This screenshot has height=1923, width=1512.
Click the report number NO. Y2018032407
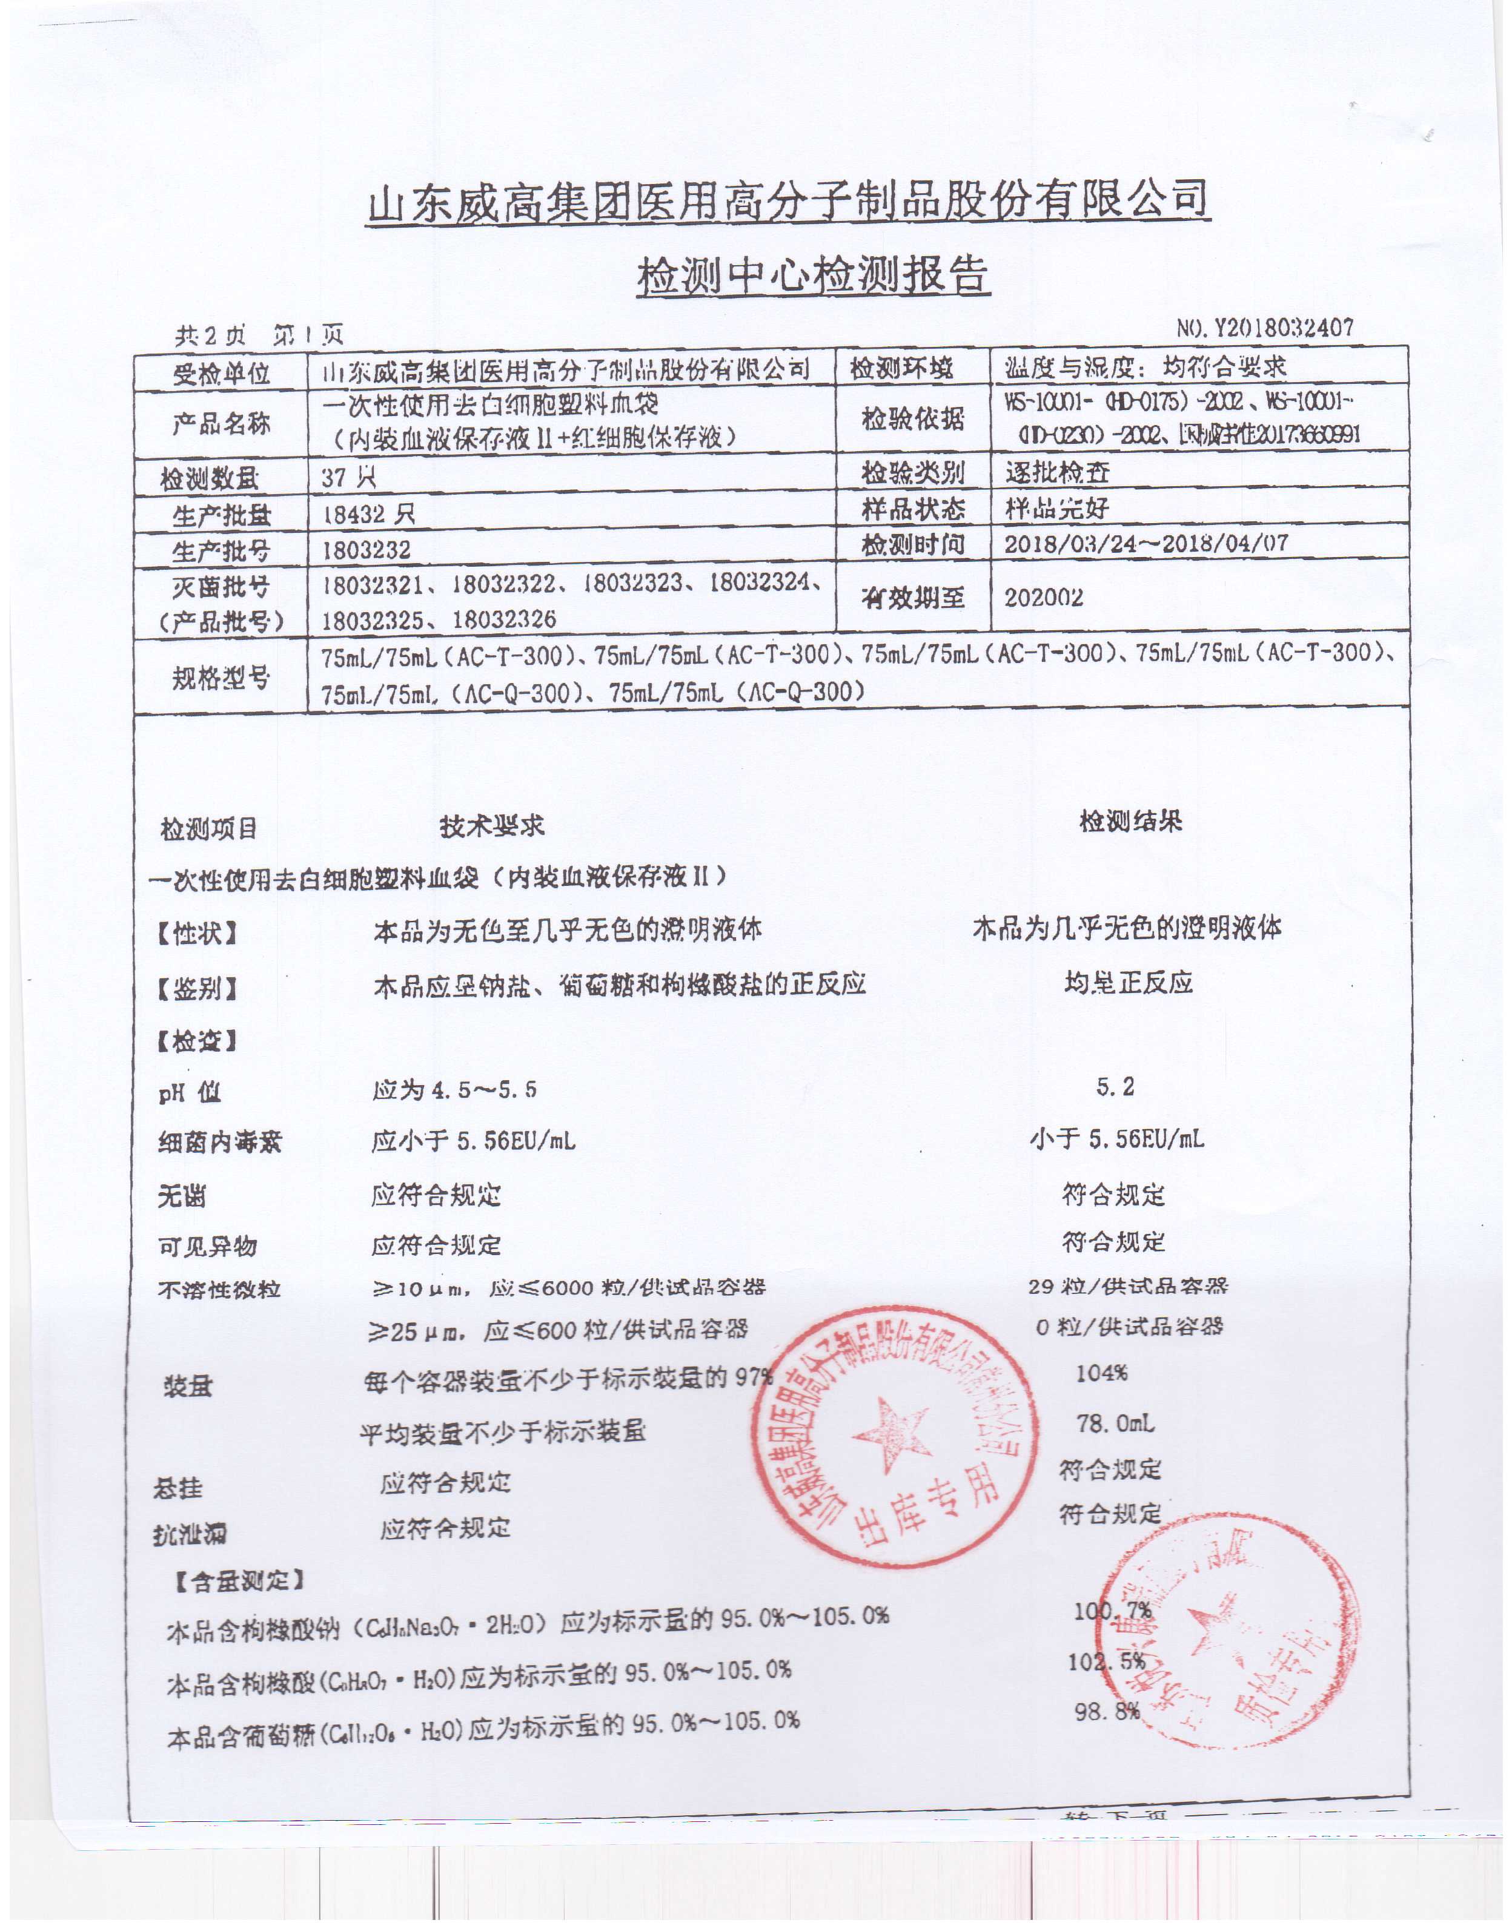tap(1265, 328)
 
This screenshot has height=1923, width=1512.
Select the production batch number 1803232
tap(366, 550)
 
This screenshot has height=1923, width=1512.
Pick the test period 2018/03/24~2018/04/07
tap(1146, 543)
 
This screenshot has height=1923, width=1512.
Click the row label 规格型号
tap(220, 679)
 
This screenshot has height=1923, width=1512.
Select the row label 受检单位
tap(220, 372)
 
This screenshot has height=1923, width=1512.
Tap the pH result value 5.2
tap(1115, 1087)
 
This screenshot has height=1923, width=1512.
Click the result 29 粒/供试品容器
tap(1128, 1286)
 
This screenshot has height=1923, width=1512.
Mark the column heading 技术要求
tap(492, 826)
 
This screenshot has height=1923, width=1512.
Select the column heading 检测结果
tap(1130, 821)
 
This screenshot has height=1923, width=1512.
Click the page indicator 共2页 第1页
tap(259, 335)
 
